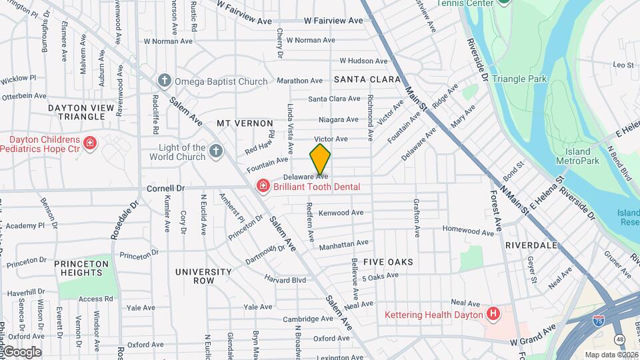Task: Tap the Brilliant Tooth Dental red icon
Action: pos(263,186)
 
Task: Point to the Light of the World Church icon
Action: pos(215,151)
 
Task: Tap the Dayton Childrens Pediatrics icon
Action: pos(89,142)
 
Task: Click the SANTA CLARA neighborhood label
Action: pos(367,79)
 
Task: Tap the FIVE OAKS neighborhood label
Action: pos(387,262)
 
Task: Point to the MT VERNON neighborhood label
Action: pos(245,124)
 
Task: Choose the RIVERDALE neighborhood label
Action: pos(531,245)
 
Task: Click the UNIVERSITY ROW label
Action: pos(203,276)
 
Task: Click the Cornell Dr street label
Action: pos(165,189)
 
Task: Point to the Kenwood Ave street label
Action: pos(341,213)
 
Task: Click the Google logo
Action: pos(21,352)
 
